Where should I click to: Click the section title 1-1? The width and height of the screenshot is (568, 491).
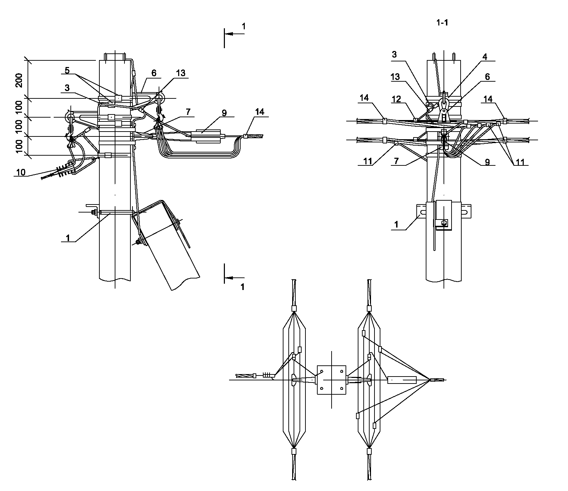(442, 23)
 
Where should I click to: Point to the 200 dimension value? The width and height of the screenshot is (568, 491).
(20, 80)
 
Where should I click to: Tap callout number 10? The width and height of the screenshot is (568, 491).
(21, 172)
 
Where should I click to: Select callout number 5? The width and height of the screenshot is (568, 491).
(67, 71)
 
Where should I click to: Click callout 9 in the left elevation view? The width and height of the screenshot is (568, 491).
(224, 113)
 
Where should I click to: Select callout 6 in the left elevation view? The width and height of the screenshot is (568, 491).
(154, 73)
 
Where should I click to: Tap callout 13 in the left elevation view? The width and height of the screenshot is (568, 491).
(181, 73)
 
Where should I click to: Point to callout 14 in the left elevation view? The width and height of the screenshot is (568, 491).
(259, 112)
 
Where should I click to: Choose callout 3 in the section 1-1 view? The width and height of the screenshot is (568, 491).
(394, 54)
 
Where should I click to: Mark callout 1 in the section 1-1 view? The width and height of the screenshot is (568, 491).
(396, 224)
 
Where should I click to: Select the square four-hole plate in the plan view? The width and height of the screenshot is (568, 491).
(331, 380)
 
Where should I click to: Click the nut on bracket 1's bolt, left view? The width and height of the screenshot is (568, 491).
(94, 213)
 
